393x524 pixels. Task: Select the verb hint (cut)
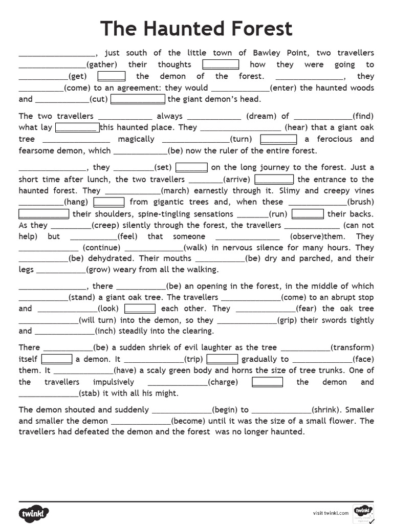coord(98,99)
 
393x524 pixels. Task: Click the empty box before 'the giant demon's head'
coord(138,99)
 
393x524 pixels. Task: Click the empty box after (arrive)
coord(274,179)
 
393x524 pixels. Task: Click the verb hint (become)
coord(188,421)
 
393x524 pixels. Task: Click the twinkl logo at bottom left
coord(35,513)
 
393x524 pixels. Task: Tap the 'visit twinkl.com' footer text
coord(331,513)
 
